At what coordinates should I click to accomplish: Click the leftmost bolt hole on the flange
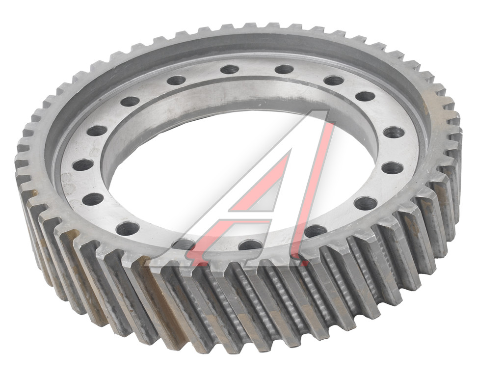(x=83, y=165)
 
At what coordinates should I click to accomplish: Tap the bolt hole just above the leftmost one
(x=97, y=131)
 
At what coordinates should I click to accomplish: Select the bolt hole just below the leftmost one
(x=93, y=199)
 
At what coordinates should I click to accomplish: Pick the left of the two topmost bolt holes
(x=230, y=69)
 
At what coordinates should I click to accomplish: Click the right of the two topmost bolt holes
(x=284, y=69)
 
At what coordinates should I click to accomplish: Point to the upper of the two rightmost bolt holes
(x=394, y=133)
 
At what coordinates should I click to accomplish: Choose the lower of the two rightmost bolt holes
(x=393, y=168)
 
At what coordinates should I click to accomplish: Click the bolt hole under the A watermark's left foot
(x=183, y=244)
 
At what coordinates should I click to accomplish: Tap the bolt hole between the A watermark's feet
(x=250, y=244)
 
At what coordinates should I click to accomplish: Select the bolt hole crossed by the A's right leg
(x=316, y=232)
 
